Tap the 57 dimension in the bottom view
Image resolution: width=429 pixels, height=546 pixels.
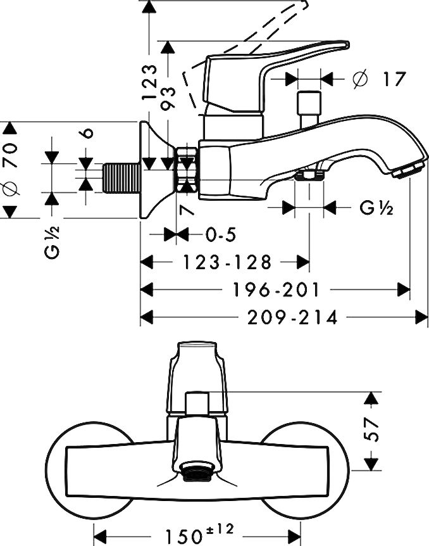tap(375, 431)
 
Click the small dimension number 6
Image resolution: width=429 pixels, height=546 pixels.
tap(88, 134)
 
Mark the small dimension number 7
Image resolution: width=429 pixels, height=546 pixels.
tap(187, 209)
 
